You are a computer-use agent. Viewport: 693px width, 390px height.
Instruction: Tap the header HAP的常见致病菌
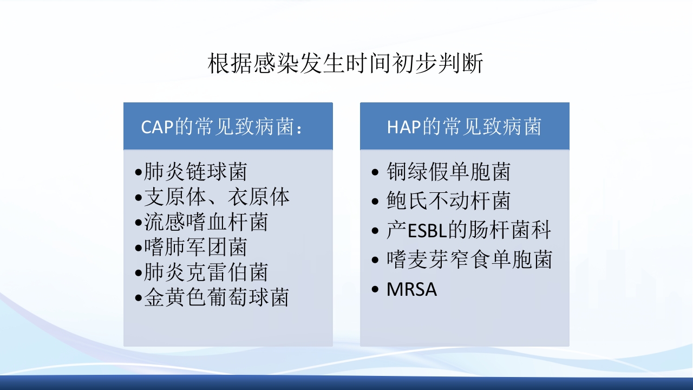click(464, 127)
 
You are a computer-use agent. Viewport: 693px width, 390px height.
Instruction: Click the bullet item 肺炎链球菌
click(195, 172)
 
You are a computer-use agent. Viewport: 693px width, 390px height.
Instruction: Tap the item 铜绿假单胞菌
click(448, 172)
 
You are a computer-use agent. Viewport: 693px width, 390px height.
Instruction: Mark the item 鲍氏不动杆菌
click(448, 201)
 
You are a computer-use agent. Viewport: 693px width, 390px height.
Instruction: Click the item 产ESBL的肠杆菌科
click(469, 231)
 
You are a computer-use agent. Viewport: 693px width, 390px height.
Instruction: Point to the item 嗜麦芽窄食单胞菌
click(469, 260)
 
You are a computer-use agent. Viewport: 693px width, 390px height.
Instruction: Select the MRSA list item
click(411, 290)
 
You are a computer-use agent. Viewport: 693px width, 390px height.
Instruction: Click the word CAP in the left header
click(157, 128)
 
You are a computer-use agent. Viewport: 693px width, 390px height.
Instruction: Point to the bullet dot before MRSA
click(376, 290)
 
